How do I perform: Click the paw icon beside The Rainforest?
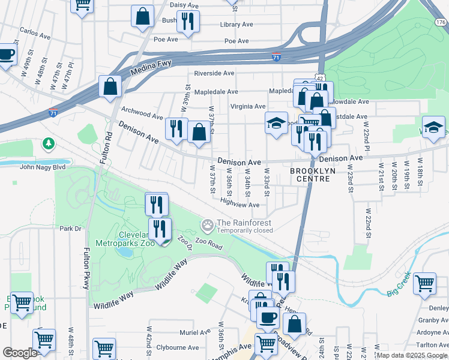208,226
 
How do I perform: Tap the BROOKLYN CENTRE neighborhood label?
310,171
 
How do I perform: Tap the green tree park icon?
48,144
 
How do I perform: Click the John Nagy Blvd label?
43,168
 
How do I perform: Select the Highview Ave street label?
240,205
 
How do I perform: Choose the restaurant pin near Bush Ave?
188,22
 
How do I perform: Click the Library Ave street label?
237,25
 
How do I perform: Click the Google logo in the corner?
20,353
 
